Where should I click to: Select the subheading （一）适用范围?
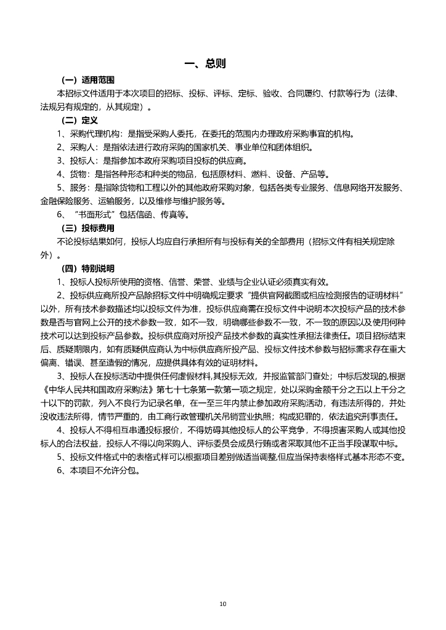[87, 81]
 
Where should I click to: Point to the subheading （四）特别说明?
[87, 269]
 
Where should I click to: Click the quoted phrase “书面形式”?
[93, 215]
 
